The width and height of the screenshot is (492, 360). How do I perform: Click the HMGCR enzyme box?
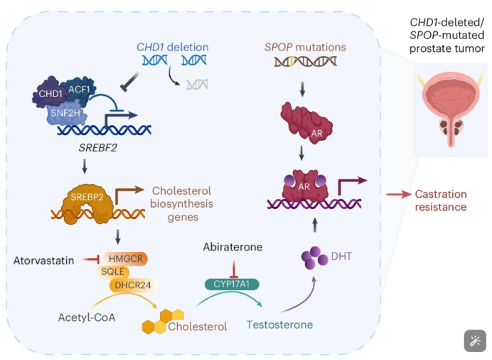pyautogui.click(x=126, y=259)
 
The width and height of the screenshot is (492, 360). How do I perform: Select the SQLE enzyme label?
pyautogui.click(x=112, y=272)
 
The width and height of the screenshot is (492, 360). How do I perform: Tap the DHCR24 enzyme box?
pyautogui.click(x=133, y=285)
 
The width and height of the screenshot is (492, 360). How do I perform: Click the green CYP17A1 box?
pyautogui.click(x=232, y=284)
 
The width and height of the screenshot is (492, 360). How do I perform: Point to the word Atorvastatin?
pyautogui.click(x=43, y=260)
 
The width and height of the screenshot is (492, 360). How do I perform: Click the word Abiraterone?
pyautogui.click(x=232, y=247)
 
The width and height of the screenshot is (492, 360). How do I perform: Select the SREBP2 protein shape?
pyautogui.click(x=87, y=204)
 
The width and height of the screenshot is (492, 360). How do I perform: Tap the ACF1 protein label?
pyautogui.click(x=79, y=90)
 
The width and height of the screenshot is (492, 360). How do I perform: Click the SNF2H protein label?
pyautogui.click(x=65, y=112)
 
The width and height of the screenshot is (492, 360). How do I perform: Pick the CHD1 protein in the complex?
pyautogui.click(x=50, y=93)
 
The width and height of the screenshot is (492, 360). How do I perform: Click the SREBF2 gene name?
pyautogui.click(x=97, y=147)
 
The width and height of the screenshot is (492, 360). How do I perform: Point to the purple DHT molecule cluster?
pyautogui.click(x=314, y=258)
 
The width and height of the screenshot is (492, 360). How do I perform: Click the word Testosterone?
pyautogui.click(x=279, y=324)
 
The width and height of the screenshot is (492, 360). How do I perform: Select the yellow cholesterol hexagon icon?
pyautogui.click(x=163, y=322)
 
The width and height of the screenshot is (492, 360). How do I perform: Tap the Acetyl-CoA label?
pyautogui.click(x=87, y=317)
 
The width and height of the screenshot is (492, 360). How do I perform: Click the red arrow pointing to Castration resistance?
pyautogui.click(x=398, y=195)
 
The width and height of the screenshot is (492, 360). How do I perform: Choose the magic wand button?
pyautogui.click(x=475, y=341)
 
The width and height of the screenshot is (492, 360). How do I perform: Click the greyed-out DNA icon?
pyautogui.click(x=198, y=85)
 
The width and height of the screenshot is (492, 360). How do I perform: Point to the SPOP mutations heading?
pyautogui.click(x=305, y=47)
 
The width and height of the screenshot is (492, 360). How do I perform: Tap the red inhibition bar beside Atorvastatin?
pyautogui.click(x=91, y=259)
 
